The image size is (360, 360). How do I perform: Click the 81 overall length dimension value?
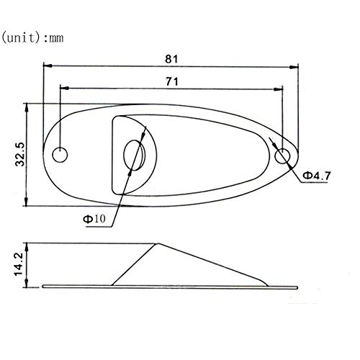pos(171,59)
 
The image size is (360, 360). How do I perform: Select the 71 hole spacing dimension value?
pos(172,81)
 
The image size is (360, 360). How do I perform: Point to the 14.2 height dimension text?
pos(18,264)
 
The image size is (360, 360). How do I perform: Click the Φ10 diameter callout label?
pos(94,219)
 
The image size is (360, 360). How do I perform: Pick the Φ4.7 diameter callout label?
pos(317,176)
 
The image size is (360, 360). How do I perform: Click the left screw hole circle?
pos(60,155)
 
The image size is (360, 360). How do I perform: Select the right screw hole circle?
pos(282,156)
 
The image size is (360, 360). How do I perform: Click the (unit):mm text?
pos(32,38)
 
